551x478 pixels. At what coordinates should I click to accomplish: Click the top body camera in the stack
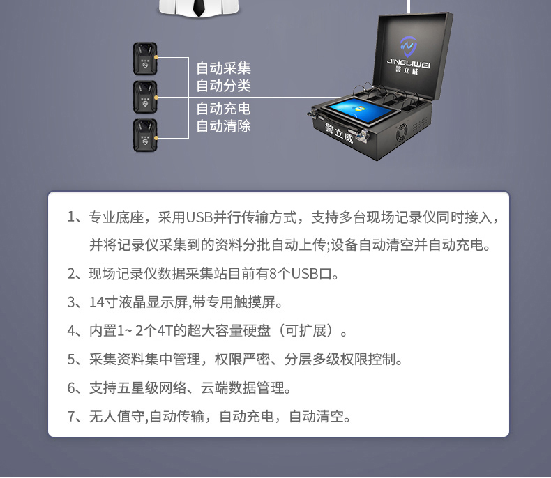click(145, 59)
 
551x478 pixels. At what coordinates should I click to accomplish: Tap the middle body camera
click(145, 98)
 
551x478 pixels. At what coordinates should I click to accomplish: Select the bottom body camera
click(145, 135)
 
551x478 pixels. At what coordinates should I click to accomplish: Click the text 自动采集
click(223, 68)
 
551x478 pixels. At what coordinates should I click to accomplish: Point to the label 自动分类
click(223, 86)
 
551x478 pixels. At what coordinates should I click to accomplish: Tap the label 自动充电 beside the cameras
click(223, 109)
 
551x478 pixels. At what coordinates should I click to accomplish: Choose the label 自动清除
click(223, 126)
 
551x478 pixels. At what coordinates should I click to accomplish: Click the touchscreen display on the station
click(361, 111)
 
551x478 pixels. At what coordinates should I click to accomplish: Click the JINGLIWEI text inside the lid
click(409, 63)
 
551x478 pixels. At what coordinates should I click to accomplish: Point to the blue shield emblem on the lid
click(408, 46)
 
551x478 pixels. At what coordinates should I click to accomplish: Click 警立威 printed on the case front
click(339, 133)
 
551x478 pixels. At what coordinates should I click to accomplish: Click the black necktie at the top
click(199, 8)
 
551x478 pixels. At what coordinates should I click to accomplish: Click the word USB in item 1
click(199, 217)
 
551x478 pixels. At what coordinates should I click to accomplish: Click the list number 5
click(71, 360)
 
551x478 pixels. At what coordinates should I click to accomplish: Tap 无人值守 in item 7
click(116, 416)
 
